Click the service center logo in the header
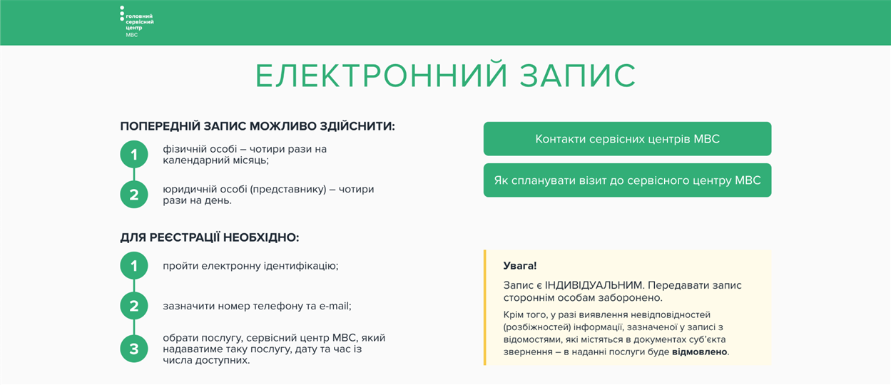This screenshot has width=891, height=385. click(x=136, y=22)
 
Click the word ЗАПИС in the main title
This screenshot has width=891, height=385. click(x=578, y=75)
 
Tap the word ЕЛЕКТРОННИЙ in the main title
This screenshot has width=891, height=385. click(x=382, y=75)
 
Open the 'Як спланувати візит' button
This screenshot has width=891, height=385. click(x=627, y=180)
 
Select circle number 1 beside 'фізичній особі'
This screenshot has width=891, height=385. click(x=134, y=154)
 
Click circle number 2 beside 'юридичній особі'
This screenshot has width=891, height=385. click(x=134, y=195)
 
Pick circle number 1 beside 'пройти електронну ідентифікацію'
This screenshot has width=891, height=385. click(x=134, y=266)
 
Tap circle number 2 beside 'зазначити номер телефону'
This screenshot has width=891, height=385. click(x=134, y=306)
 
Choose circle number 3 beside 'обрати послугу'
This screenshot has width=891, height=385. click(x=134, y=349)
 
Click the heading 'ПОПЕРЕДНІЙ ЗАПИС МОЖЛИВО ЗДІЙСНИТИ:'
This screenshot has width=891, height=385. click(x=258, y=126)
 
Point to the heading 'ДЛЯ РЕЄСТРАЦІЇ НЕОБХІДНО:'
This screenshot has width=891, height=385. click(x=210, y=237)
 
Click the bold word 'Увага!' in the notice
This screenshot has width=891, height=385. click(x=520, y=266)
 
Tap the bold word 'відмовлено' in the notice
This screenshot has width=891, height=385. click(x=700, y=352)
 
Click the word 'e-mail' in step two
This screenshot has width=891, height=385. click(x=334, y=306)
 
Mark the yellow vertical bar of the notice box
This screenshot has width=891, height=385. click(x=485, y=307)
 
